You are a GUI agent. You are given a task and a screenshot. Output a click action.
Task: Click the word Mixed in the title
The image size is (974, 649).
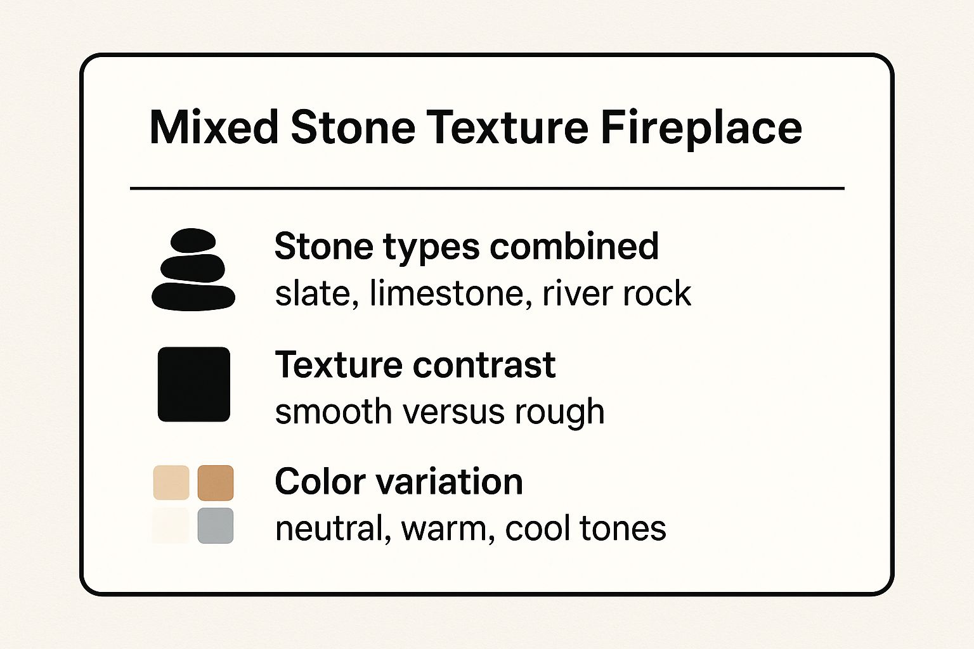[214, 127]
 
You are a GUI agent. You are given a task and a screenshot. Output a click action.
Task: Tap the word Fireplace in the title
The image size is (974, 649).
[701, 129]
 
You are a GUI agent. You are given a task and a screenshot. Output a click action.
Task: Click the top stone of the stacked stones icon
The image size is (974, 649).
[193, 240]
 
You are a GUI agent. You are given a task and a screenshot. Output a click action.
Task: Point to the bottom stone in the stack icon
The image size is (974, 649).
[193, 297]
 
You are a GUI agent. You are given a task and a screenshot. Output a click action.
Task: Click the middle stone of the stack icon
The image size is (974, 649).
[193, 268]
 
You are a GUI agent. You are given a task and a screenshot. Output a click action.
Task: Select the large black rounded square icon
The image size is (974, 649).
[194, 384]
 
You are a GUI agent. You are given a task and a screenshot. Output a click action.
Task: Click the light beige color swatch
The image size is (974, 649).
[171, 482]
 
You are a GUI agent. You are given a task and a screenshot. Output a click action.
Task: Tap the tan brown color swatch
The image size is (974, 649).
[216, 482]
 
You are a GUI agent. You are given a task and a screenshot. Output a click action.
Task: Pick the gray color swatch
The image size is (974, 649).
[216, 525]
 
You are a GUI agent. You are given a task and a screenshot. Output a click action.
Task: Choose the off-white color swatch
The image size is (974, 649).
[171, 525]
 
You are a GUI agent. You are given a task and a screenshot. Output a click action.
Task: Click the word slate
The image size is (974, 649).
[313, 293]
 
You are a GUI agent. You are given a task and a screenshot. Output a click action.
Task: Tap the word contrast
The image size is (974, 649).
[484, 365]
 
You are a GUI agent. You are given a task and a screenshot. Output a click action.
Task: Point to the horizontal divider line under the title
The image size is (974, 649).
[487, 188]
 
